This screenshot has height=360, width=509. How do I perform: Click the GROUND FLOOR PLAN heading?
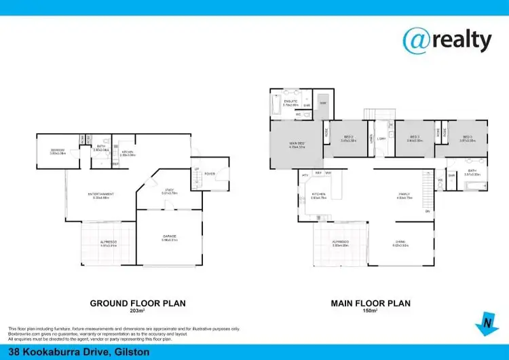point(138,303)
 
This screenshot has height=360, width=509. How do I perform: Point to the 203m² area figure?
point(138,312)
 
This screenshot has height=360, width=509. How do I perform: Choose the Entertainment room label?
point(100,195)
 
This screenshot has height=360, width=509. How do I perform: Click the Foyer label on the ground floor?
point(210,174)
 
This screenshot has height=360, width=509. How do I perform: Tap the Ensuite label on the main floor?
point(290,102)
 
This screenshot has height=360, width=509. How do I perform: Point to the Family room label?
point(404,195)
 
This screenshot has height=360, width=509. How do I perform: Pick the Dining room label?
point(400,244)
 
